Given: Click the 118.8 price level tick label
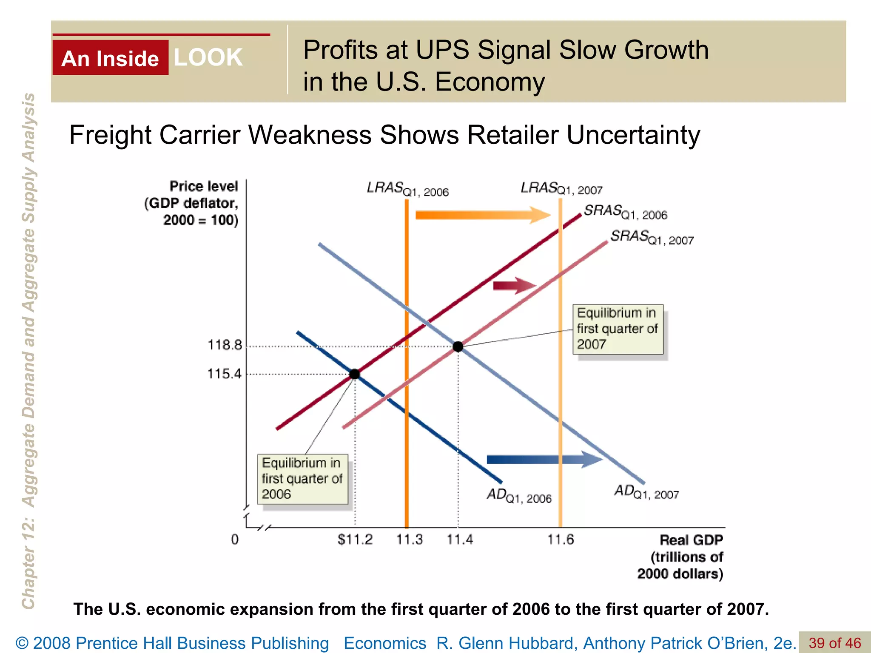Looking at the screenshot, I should point(225,345).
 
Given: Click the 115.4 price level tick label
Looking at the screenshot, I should point(224,374).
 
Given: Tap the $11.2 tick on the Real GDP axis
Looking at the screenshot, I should point(355,539).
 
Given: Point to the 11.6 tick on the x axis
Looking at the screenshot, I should point(560,539).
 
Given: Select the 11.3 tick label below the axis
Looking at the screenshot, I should point(409,539).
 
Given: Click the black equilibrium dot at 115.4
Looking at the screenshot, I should point(355,374).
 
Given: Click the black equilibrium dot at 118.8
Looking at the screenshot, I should point(458,346).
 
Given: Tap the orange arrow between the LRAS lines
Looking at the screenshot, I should point(483,215).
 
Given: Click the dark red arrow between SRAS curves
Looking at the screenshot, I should point(514,286).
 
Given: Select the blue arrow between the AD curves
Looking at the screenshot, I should point(544,460).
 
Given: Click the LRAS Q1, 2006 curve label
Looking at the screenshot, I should point(407,189).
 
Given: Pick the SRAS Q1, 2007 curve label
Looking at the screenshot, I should point(652,237).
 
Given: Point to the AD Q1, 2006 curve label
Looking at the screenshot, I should point(519,496).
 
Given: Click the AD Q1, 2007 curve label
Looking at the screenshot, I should point(646,492).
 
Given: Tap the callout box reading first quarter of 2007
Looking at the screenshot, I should point(618,329).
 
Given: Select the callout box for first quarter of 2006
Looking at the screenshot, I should point(302,479).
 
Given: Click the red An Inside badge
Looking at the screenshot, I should point(110,58).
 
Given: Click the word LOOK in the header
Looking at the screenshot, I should point(208,57).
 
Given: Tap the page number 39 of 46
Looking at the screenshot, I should point(834,642).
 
